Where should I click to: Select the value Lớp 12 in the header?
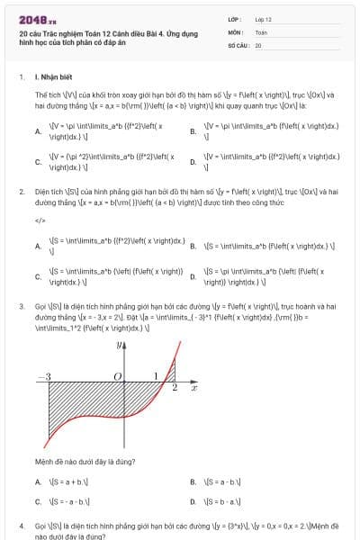pos(263,18)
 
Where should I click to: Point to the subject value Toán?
pos(261,31)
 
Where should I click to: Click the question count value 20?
pos(258,44)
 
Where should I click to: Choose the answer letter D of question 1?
pos(193,162)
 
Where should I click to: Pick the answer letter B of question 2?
pos(193,245)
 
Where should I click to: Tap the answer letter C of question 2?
pos(38,275)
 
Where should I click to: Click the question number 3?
pos(22,306)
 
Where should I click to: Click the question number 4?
pos(22,524)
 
